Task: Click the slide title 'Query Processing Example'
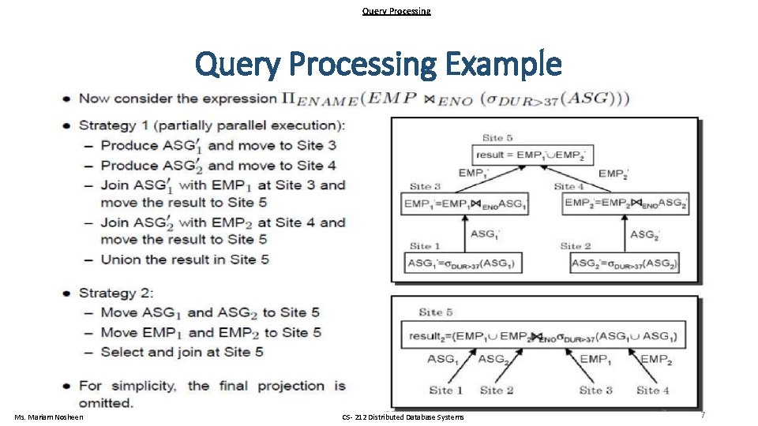click(x=378, y=64)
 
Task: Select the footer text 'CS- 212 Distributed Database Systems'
click(x=403, y=417)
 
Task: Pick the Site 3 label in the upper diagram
click(x=425, y=186)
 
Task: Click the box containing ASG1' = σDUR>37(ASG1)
click(x=463, y=263)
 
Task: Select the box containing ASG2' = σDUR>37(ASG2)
click(x=625, y=263)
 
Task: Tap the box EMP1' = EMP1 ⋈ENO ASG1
click(x=464, y=204)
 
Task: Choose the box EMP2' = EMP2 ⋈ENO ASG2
click(x=625, y=204)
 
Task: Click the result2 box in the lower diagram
click(x=542, y=337)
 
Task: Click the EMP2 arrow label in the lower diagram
click(x=657, y=360)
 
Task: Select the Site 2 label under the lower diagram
click(x=496, y=390)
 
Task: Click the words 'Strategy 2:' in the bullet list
click(x=117, y=293)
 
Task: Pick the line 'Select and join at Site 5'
click(x=182, y=352)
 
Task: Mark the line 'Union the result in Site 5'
click(x=185, y=259)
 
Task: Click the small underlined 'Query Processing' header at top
click(x=396, y=11)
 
